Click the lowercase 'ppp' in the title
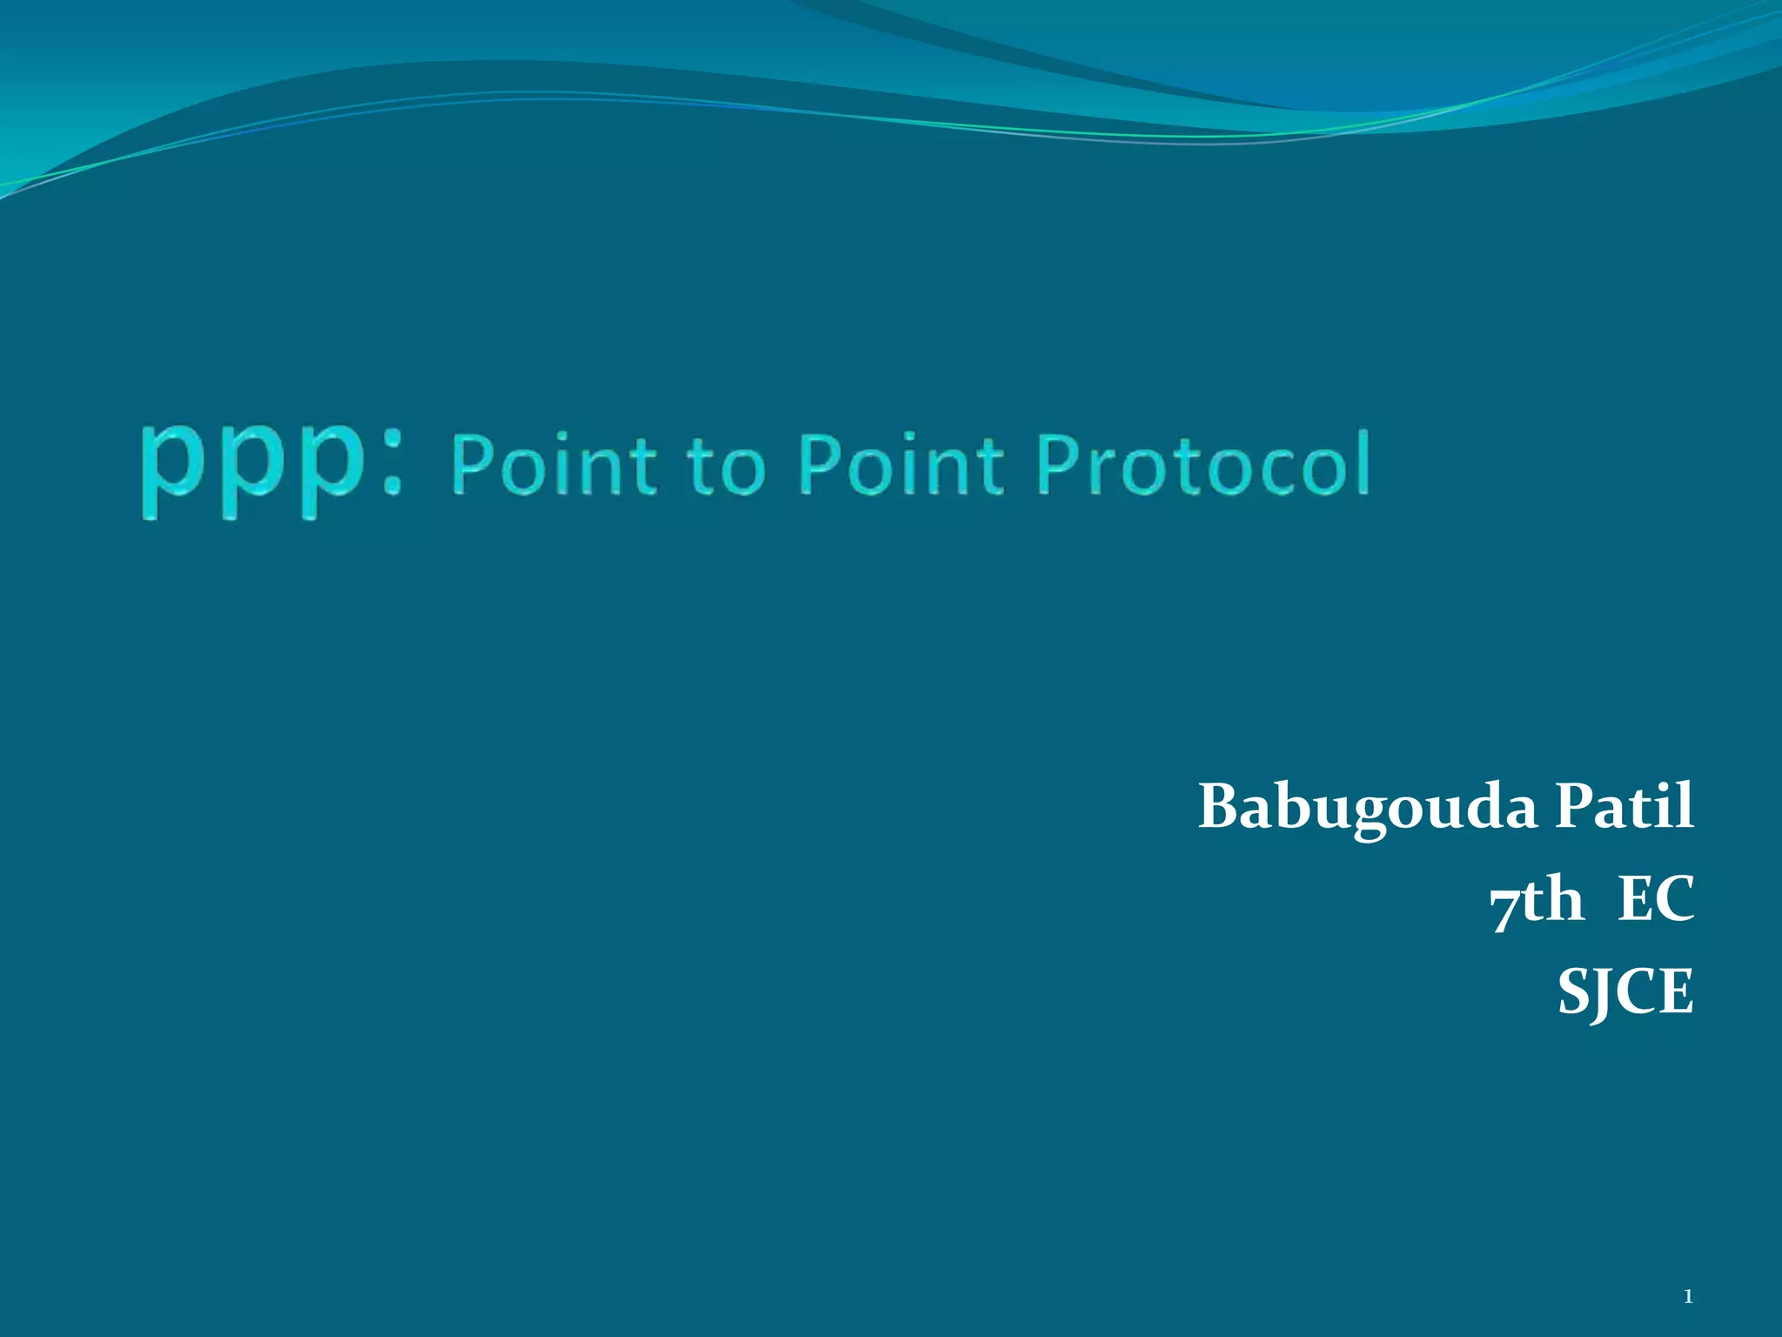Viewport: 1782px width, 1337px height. (x=252, y=470)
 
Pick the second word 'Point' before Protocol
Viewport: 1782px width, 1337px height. (x=901, y=466)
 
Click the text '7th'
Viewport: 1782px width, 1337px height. (x=1536, y=900)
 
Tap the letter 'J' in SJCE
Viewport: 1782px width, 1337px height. (x=1601, y=994)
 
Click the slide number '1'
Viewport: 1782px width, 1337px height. (x=1687, y=1297)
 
